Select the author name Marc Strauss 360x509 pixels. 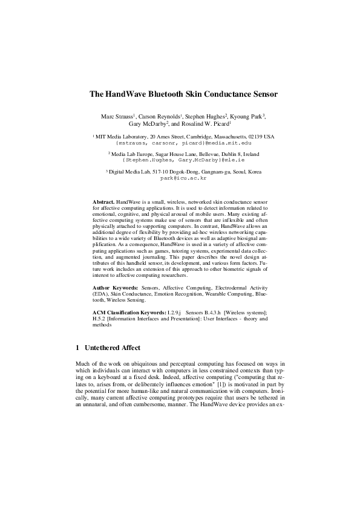(x=116, y=116)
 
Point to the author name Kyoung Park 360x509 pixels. (x=248, y=116)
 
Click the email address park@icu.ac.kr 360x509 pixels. (x=180, y=178)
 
